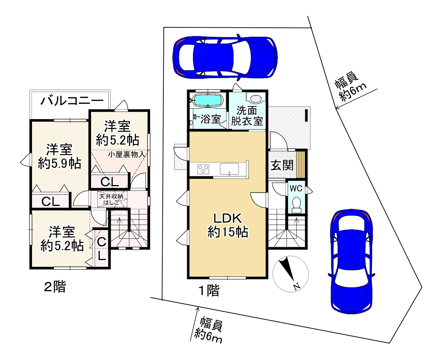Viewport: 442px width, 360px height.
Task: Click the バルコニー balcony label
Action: (x=72, y=101)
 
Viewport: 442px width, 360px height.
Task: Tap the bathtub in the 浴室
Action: (x=208, y=100)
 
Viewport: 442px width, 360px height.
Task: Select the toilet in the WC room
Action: (x=296, y=204)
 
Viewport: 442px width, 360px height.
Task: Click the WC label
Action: (x=296, y=189)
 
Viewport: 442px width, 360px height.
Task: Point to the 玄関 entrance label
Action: (x=282, y=166)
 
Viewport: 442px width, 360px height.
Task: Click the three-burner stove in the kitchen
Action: (x=203, y=169)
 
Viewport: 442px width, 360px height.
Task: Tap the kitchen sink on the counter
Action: (x=229, y=168)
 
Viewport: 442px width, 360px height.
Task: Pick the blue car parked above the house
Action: (x=225, y=58)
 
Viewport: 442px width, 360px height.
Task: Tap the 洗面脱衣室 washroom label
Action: (x=247, y=116)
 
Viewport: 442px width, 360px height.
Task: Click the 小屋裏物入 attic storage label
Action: (x=127, y=154)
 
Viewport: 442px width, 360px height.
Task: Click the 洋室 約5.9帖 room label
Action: (x=59, y=157)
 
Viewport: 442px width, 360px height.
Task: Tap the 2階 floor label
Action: (x=55, y=287)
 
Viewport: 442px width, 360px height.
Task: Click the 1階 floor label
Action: (x=209, y=290)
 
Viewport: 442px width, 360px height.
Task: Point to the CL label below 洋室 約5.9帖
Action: (x=50, y=201)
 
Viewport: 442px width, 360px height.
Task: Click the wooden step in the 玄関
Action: (x=300, y=165)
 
